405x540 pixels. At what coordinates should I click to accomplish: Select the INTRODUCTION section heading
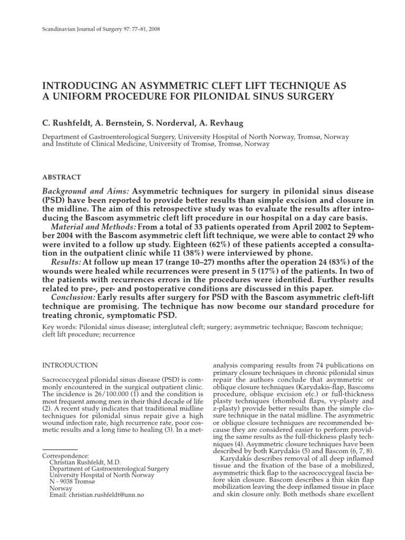[69, 365]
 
